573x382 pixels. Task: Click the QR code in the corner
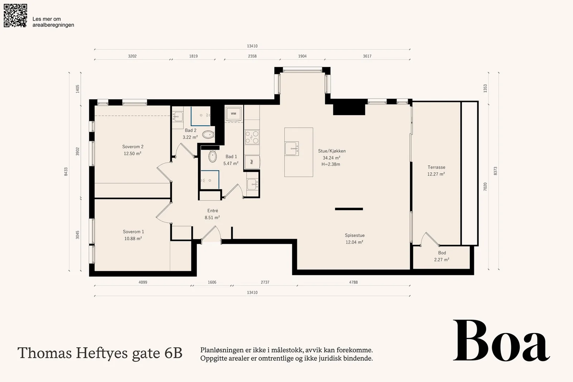(15, 15)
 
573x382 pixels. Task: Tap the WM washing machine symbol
(233, 113)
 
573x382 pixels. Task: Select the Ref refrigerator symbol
(252, 162)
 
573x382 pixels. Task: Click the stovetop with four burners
(252, 137)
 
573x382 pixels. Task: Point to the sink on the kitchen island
(292, 149)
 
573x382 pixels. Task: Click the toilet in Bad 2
(208, 135)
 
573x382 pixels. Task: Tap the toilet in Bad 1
(212, 156)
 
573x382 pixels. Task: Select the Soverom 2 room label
(133, 146)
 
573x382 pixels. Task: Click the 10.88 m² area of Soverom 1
(133, 238)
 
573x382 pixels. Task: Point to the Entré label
(213, 211)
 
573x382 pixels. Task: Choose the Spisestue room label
(355, 236)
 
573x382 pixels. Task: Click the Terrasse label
(437, 167)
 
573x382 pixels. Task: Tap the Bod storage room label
(442, 253)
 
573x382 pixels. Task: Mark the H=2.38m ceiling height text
(331, 164)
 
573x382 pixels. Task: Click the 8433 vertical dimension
(66, 171)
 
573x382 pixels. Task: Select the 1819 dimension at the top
(193, 56)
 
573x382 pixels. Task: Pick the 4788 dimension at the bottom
(353, 282)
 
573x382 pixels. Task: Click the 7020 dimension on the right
(485, 187)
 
